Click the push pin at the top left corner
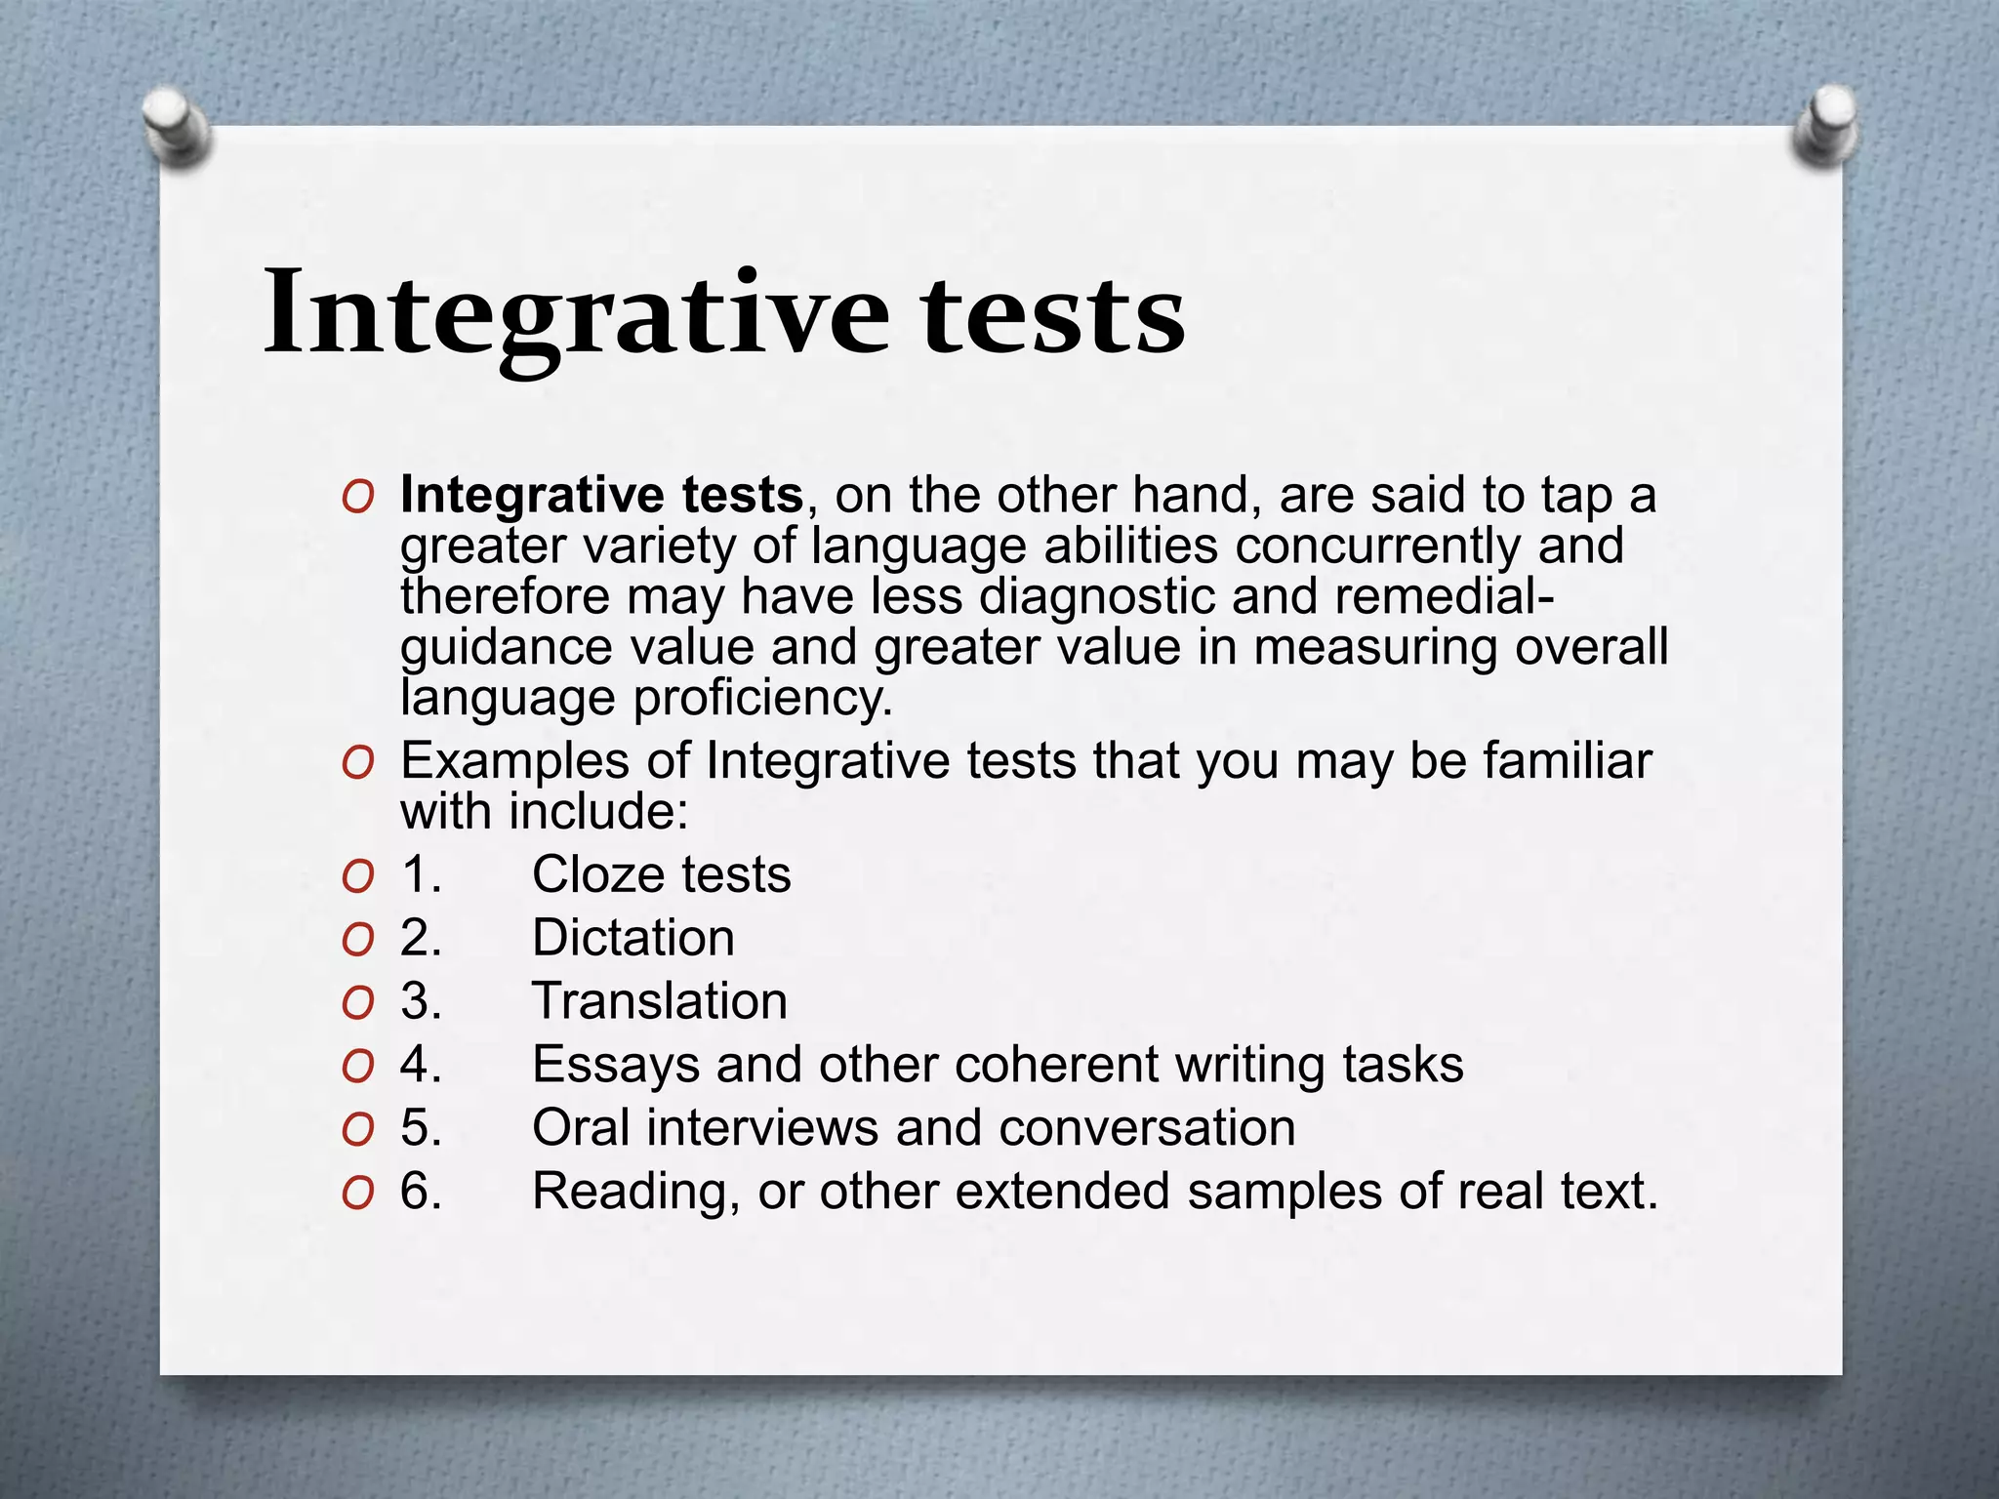[177, 127]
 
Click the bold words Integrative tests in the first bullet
[601, 495]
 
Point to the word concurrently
[1377, 546]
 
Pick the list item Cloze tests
[661, 874]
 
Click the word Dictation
[632, 938]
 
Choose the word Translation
[659, 1001]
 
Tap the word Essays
[615, 1065]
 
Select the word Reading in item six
[635, 1192]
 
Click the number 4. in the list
[421, 1065]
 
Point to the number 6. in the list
[421, 1192]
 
